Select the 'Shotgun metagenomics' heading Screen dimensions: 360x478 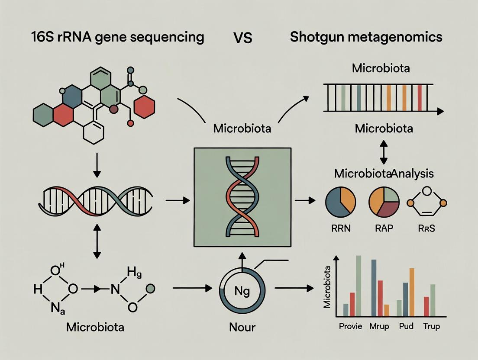pos(366,37)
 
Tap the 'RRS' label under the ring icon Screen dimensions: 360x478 pos(427,228)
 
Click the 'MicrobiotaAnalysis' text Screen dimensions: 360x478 pos(384,174)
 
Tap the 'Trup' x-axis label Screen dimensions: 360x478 pos(431,327)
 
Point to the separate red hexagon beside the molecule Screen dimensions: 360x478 pos(145,106)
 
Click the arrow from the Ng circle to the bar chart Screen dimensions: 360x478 pos(294,288)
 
